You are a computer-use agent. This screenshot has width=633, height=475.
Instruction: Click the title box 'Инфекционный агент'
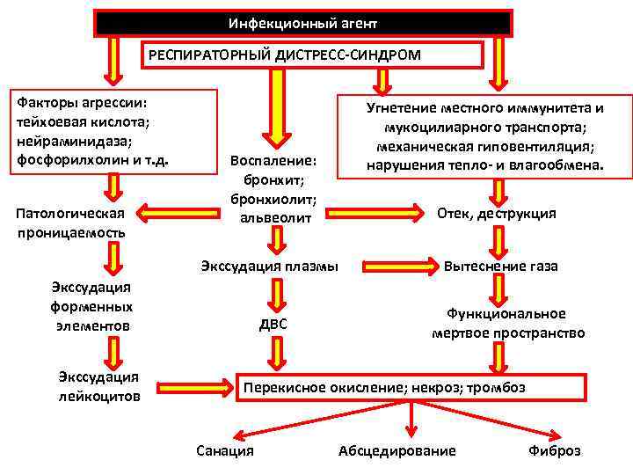click(x=302, y=23)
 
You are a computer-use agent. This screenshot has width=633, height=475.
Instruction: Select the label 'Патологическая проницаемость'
click(x=70, y=223)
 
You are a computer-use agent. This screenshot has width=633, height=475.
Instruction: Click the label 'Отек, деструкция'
click(x=496, y=214)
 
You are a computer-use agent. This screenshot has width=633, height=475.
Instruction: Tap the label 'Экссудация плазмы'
click(x=269, y=266)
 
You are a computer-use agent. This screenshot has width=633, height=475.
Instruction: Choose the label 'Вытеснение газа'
click(x=500, y=266)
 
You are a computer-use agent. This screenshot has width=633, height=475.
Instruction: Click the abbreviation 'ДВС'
click(x=273, y=325)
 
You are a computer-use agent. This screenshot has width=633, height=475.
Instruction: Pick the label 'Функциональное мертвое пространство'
click(x=507, y=323)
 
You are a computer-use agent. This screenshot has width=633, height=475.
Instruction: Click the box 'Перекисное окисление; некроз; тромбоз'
click(x=412, y=387)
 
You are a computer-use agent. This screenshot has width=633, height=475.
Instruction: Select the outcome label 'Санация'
click(x=224, y=450)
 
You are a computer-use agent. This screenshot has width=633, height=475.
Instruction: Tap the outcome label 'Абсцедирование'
click(x=397, y=450)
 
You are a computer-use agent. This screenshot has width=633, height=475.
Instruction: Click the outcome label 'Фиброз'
click(x=554, y=450)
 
